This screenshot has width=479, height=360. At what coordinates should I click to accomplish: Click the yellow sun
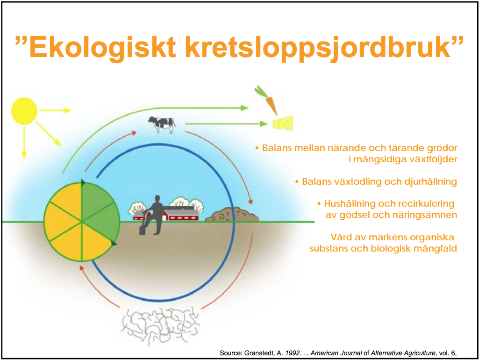[24, 111]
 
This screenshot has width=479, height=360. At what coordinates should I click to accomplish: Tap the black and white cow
[162, 124]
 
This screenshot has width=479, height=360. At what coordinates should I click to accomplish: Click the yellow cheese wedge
[283, 124]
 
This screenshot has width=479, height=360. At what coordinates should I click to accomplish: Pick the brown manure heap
[232, 214]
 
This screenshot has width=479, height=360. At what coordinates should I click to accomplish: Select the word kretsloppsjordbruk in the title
[318, 47]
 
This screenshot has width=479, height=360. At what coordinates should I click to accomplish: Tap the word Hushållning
[350, 203]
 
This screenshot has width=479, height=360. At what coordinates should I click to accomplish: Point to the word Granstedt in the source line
[259, 353]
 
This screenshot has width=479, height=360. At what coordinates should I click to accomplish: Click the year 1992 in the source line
[293, 353]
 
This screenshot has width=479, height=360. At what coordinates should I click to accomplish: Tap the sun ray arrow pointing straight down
[24, 142]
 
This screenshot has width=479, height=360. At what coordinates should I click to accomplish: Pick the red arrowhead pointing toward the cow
[134, 133]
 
